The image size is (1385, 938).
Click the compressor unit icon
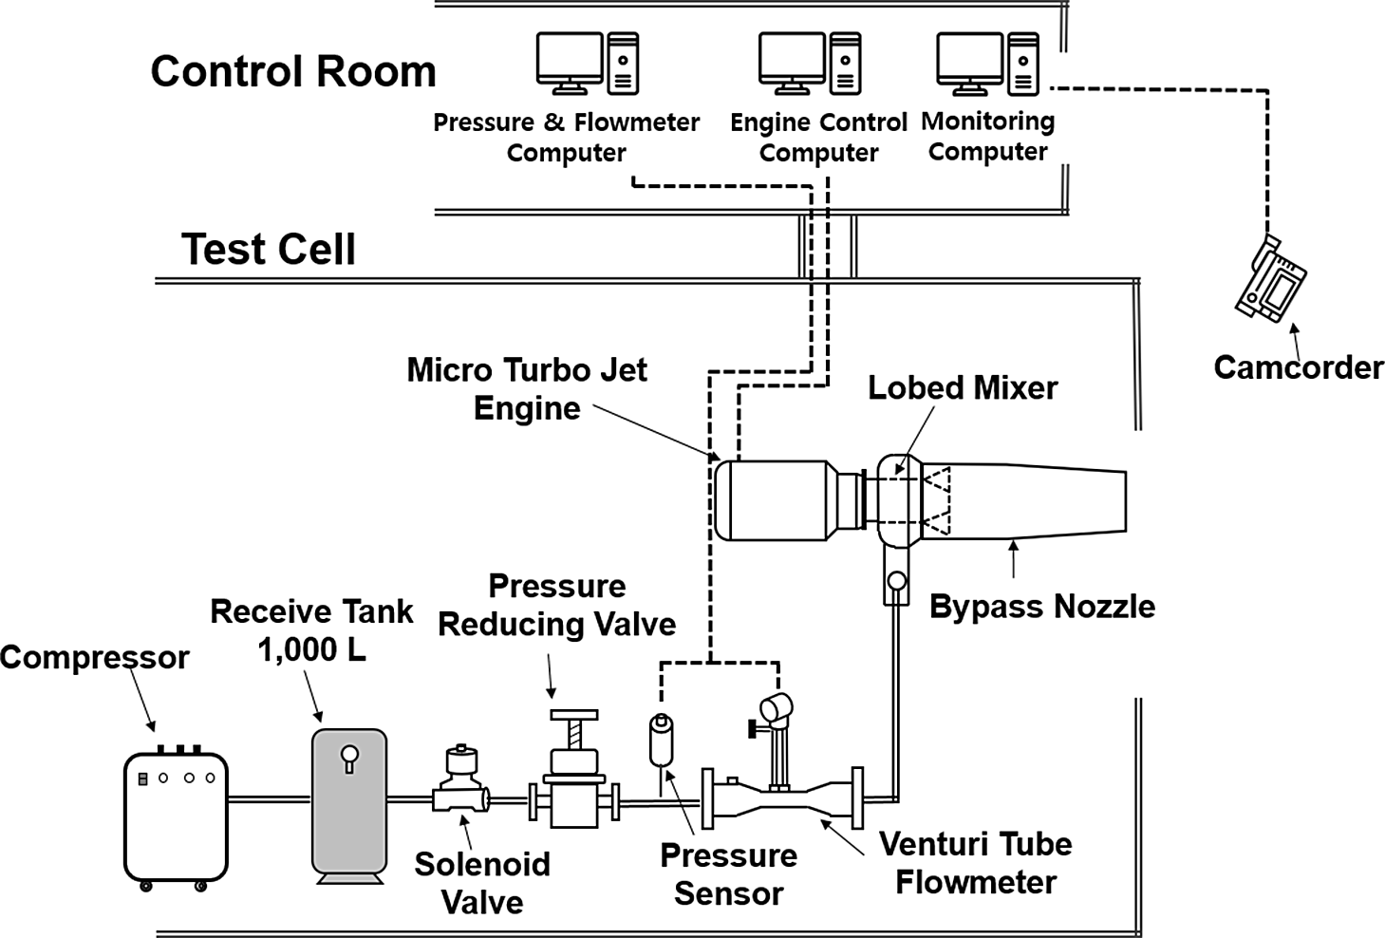176,816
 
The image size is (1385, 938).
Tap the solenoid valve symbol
460,783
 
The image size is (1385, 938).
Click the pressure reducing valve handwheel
573,715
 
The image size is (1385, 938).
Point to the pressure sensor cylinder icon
661,741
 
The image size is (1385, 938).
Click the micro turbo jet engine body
774,500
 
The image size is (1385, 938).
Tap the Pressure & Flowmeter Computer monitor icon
570,61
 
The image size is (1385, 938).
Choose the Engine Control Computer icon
793,61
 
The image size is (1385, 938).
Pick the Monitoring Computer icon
970,61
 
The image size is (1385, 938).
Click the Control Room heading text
293,72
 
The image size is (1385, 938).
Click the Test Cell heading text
269,250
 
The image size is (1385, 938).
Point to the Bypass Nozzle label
1041,607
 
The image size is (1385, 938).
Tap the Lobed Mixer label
962,387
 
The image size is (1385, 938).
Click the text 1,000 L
311,650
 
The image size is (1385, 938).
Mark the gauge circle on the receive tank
349,755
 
